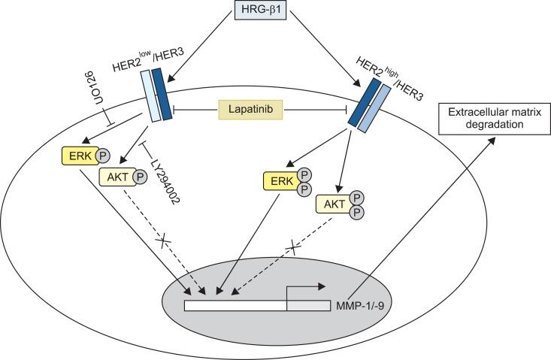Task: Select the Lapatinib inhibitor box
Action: [x=251, y=110]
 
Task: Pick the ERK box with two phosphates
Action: [x=277, y=181]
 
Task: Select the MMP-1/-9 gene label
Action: [x=356, y=307]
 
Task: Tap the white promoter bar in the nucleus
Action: [x=235, y=306]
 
